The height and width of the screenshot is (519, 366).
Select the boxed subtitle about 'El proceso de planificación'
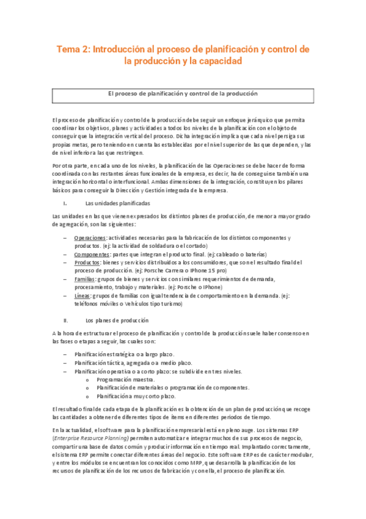183,94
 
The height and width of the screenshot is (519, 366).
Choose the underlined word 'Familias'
85,278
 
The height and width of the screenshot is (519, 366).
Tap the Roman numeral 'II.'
66,319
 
